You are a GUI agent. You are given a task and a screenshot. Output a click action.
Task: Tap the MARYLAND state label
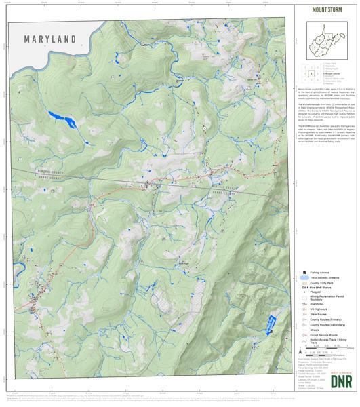(49, 39)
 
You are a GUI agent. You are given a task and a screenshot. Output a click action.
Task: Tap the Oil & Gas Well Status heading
(318, 288)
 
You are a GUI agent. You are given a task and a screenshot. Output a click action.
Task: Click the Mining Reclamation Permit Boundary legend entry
(323, 301)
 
